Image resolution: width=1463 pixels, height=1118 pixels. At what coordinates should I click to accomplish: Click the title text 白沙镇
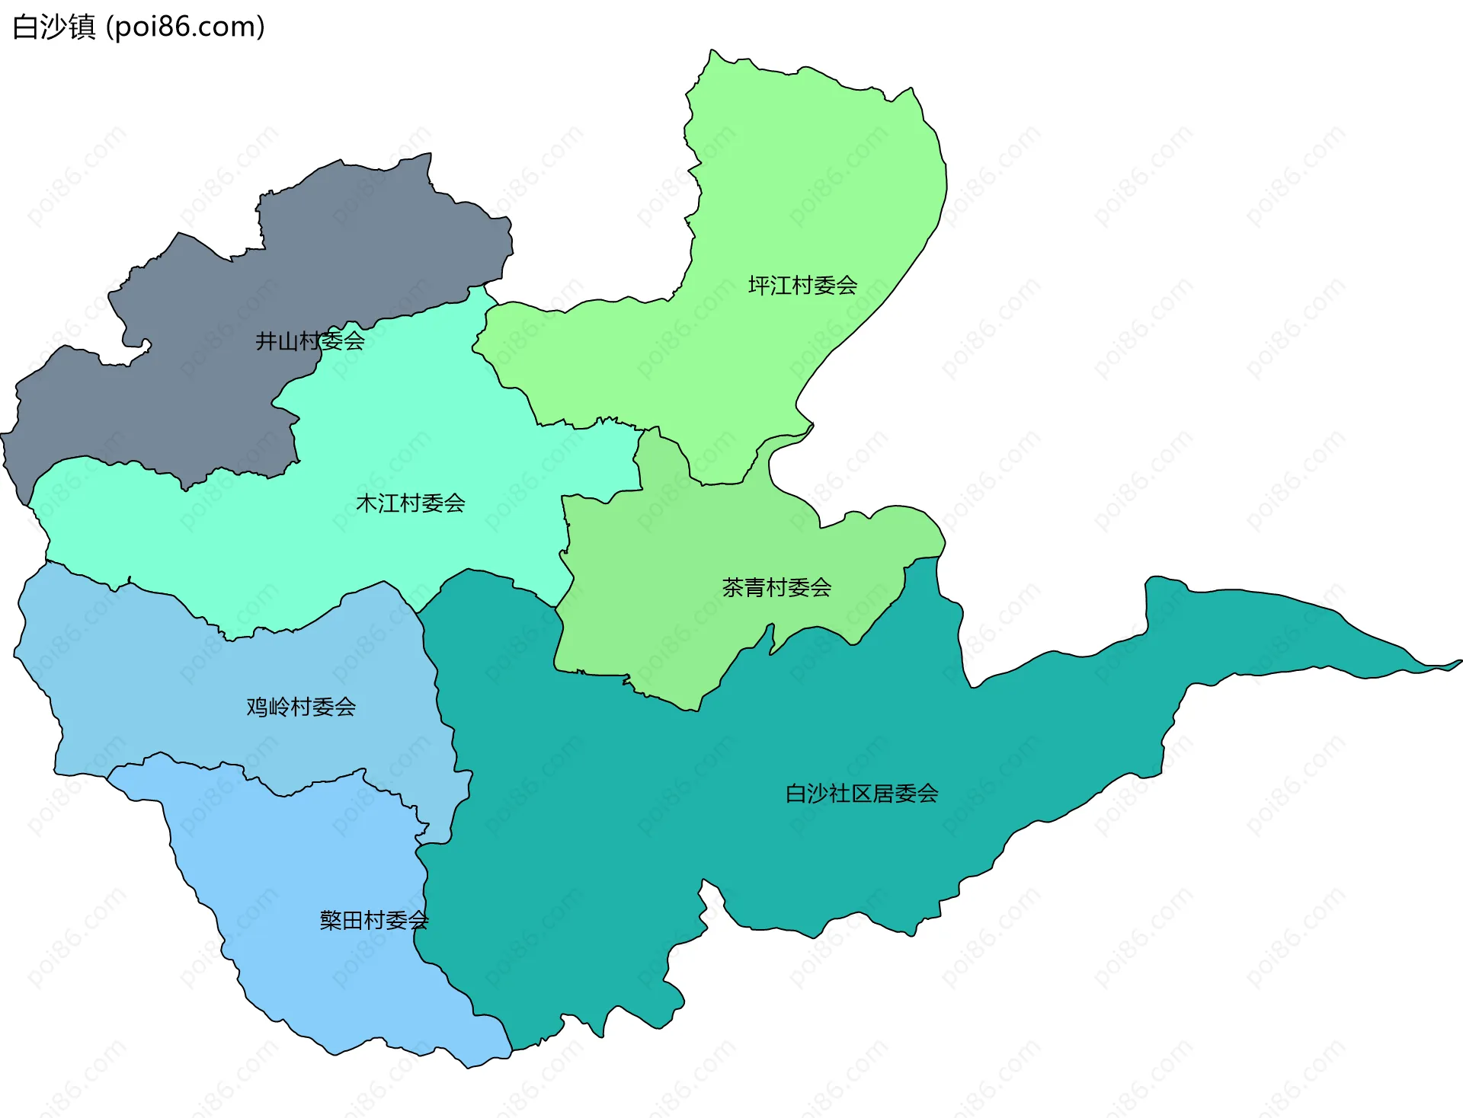coord(54,27)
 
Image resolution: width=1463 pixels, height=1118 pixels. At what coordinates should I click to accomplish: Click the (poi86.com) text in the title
coord(185,27)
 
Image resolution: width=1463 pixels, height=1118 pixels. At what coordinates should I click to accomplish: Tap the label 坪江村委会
coord(802,286)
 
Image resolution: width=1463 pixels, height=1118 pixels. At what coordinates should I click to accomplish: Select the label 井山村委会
coord(309,340)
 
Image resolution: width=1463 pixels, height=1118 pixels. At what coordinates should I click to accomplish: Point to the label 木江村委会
coord(410,503)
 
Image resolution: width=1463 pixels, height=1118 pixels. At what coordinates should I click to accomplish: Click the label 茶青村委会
coord(776,587)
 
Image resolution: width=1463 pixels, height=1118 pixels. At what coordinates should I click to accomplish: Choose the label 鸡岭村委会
coord(301,707)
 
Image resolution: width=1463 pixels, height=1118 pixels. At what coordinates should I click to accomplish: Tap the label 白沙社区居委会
coord(861,794)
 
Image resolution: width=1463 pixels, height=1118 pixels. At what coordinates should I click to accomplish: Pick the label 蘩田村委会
coord(373,920)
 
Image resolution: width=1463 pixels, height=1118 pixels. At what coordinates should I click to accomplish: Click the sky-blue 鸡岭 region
coord(152,685)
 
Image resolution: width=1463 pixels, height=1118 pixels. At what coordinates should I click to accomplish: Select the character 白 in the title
coord(25,27)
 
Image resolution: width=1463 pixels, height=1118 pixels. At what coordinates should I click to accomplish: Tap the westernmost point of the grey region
coord(4,436)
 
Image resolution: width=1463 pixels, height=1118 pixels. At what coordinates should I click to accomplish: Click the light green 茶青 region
coord(671,579)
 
